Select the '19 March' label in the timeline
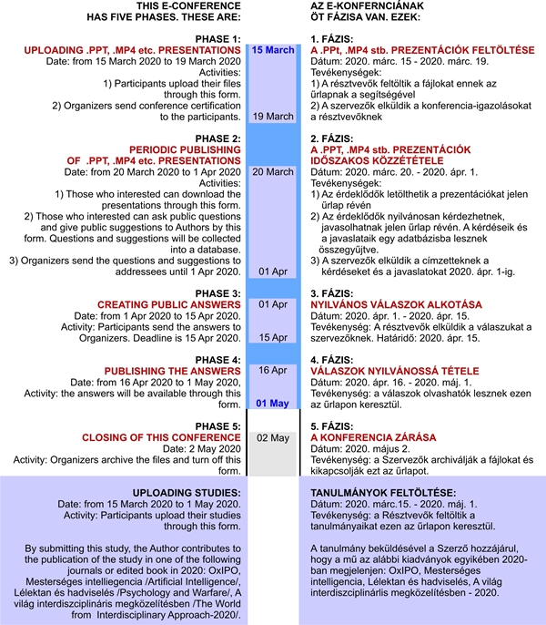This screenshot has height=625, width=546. [273, 117]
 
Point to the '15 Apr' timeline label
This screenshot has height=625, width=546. [273, 336]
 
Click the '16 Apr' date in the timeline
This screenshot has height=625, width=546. [273, 370]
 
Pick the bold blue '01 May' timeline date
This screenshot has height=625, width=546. [273, 404]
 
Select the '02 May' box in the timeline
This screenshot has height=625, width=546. [273, 437]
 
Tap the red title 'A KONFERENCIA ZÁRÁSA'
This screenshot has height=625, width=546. [373, 437]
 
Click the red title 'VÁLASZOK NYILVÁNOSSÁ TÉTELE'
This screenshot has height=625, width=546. [394, 371]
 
